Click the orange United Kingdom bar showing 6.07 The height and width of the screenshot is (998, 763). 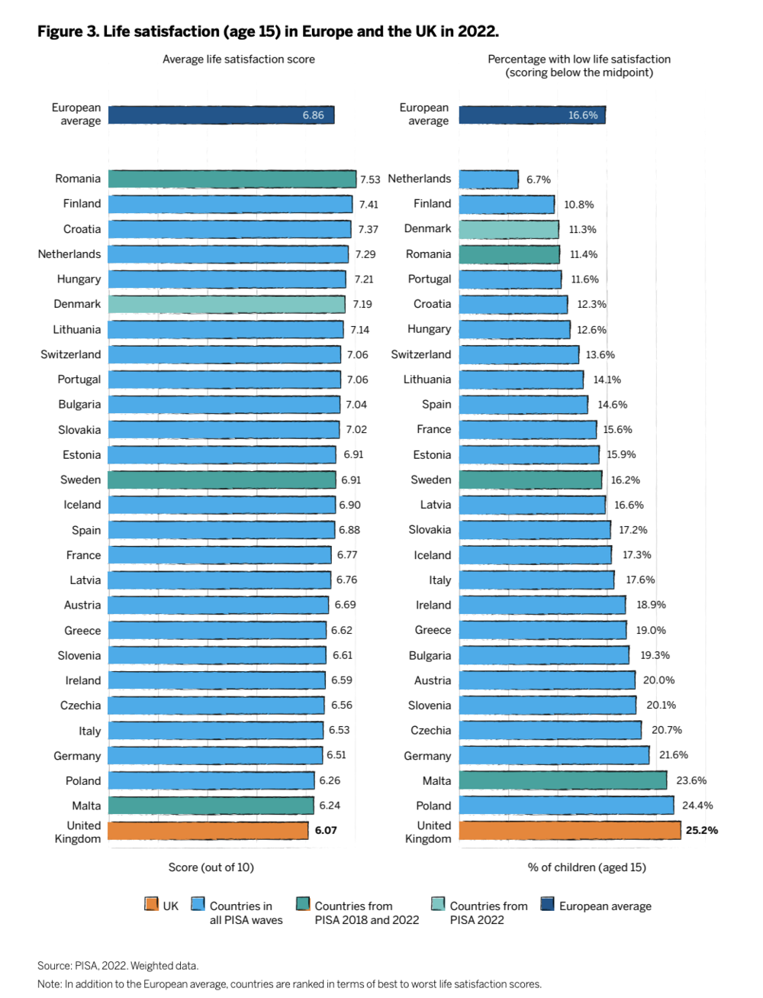click(208, 830)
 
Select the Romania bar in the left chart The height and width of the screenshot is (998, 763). click(232, 179)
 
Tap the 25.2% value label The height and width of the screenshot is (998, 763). click(701, 830)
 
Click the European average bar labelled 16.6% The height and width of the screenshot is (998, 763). click(532, 115)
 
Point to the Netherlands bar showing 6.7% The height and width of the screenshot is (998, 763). click(489, 179)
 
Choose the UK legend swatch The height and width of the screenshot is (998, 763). click(151, 905)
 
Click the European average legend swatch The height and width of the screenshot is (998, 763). click(547, 905)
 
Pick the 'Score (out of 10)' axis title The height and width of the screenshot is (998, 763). click(211, 867)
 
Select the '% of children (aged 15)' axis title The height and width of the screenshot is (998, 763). click(587, 867)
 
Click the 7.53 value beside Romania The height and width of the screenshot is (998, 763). click(370, 179)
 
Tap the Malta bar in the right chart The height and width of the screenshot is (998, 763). click(563, 780)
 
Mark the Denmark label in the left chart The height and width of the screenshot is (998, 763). click(77, 304)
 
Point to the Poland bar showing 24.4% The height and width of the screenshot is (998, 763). click(566, 806)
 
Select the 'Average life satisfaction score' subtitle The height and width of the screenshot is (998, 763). click(239, 60)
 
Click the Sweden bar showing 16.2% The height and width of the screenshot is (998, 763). click(530, 480)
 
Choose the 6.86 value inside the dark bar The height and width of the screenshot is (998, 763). click(313, 115)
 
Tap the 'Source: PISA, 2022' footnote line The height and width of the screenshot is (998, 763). click(118, 966)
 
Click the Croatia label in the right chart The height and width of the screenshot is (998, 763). click(432, 304)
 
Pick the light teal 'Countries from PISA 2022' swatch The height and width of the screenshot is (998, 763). click(438, 905)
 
